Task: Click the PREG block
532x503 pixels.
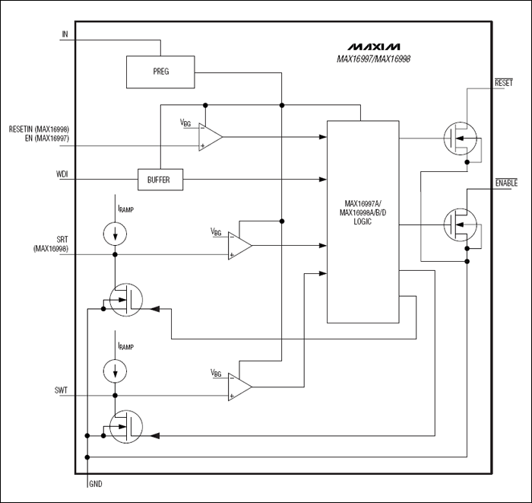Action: (160, 71)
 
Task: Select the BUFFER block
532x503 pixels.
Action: (154, 180)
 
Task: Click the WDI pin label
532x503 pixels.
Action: (62, 175)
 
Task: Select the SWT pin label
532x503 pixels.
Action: (62, 390)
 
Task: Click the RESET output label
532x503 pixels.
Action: (504, 81)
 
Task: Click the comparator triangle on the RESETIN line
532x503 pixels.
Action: (211, 137)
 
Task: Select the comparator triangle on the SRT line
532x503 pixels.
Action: (240, 246)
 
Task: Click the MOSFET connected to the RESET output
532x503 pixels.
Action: (461, 138)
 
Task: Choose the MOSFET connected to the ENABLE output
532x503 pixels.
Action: (461, 225)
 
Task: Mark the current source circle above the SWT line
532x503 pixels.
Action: (115, 371)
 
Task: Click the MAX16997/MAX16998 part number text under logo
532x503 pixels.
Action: (373, 59)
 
